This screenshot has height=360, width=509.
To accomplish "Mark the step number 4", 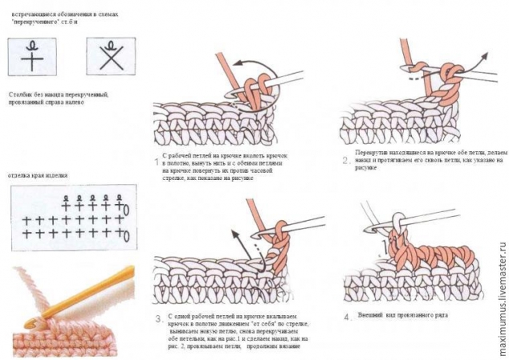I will [x=347, y=317].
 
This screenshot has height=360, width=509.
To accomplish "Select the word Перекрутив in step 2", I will [x=371, y=152].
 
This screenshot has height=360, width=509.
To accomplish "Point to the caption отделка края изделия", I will [x=37, y=173].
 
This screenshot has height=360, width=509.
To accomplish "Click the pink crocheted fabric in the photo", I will [x=48, y=337].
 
